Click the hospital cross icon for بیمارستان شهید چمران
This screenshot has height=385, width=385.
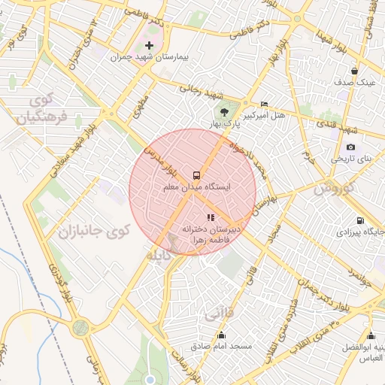[150, 46]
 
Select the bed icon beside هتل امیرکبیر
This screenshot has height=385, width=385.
[263, 104]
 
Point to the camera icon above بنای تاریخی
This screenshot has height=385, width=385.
[350, 147]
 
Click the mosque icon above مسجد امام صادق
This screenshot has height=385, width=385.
[221, 335]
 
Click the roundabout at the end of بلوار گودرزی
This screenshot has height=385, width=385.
[80, 328]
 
